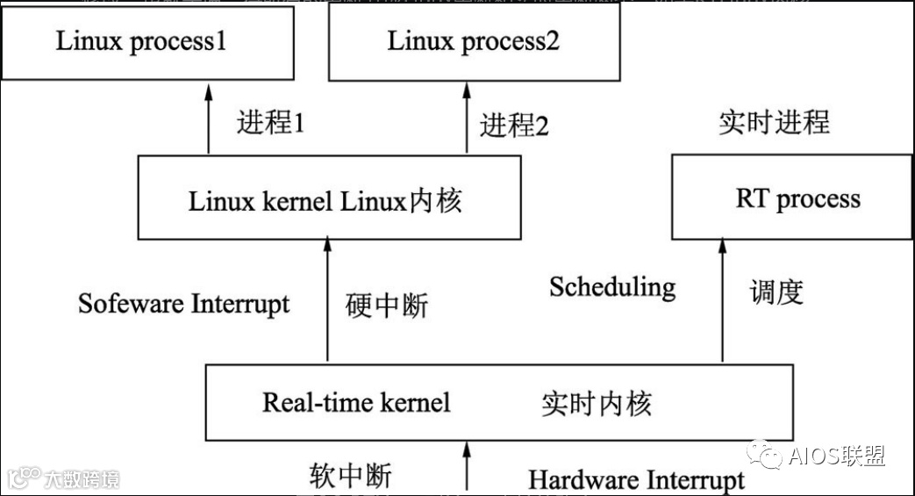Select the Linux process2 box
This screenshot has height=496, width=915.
tap(473, 41)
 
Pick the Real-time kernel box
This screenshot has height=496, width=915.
tap(498, 403)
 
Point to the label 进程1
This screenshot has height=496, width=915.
tap(270, 123)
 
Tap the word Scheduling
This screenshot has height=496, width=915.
tap(612, 286)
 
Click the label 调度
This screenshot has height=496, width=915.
tap(777, 291)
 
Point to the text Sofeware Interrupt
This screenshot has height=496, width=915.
tap(183, 304)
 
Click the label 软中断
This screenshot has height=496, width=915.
tap(350, 475)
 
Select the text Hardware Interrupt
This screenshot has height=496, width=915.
tap(636, 480)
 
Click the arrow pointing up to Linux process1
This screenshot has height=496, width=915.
tap(209, 119)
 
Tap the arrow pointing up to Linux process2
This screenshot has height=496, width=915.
tap(467, 119)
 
